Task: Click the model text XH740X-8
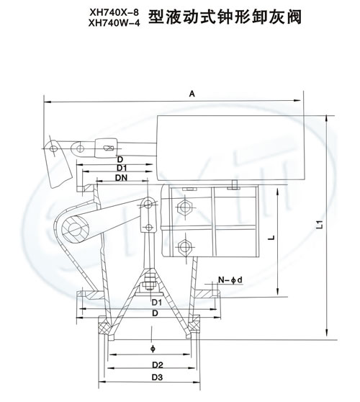[114, 12]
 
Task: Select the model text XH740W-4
[114, 23]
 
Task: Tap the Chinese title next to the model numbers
[225, 17]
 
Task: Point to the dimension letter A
[192, 94]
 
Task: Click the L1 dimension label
[319, 224]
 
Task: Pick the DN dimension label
[121, 177]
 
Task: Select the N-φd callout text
[230, 280]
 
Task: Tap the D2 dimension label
[158, 365]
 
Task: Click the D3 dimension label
[158, 377]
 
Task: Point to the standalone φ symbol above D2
[153, 349]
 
